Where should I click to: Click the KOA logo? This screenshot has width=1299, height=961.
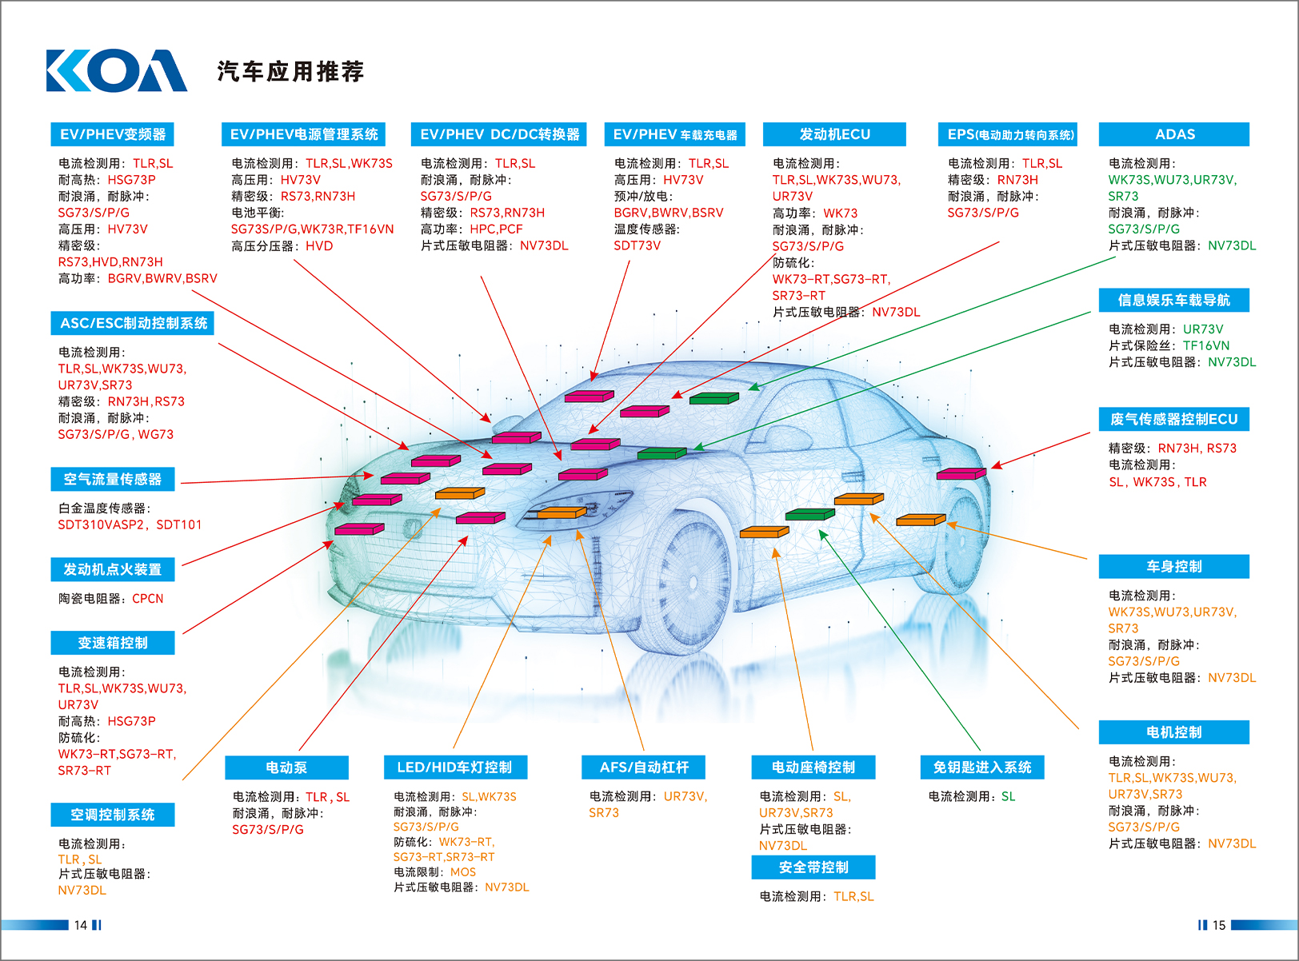click(x=117, y=70)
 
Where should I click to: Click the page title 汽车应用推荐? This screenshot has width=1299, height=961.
click(x=290, y=72)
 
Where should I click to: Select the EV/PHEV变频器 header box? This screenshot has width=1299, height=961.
click(x=113, y=134)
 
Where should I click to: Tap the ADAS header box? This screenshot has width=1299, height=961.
click(x=1173, y=134)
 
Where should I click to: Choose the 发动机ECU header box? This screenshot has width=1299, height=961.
click(x=834, y=134)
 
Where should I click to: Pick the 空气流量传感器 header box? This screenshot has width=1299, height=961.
click(x=113, y=479)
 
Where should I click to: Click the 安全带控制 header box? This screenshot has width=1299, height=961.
click(x=813, y=867)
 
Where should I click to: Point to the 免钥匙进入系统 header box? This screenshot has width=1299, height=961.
click(x=982, y=768)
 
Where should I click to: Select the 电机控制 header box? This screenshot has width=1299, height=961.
click(x=1173, y=732)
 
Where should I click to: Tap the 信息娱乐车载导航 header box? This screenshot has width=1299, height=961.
click(x=1173, y=301)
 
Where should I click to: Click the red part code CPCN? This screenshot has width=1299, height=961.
click(x=147, y=599)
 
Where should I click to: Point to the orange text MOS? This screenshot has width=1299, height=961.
click(x=462, y=872)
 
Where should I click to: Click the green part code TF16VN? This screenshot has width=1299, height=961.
click(x=1206, y=345)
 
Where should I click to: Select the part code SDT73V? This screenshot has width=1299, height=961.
click(x=637, y=245)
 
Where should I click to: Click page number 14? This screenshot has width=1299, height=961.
click(x=80, y=925)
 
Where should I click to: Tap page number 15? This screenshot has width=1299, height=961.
click(x=1218, y=925)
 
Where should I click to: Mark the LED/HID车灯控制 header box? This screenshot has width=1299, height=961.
click(x=454, y=768)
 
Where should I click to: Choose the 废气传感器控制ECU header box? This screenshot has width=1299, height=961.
click(x=1173, y=420)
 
